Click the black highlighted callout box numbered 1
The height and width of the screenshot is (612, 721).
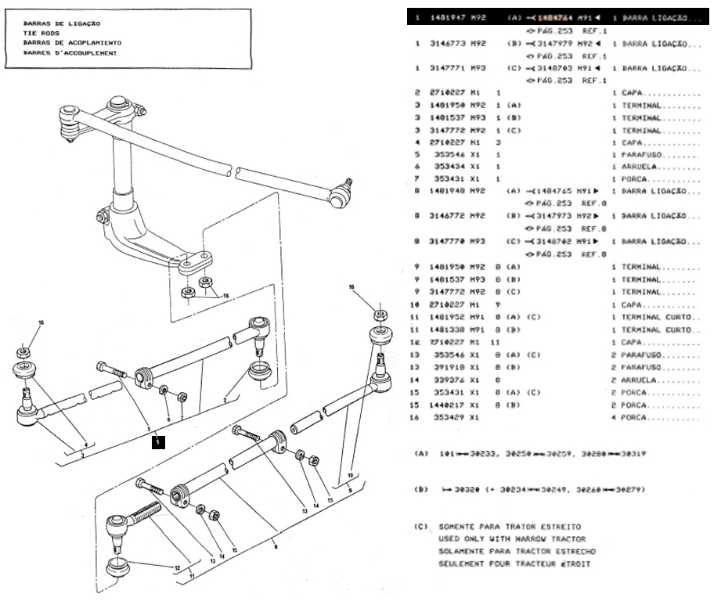click(157, 441)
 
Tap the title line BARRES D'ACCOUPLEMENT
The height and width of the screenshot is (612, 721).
click(70, 53)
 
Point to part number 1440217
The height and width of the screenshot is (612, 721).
click(448, 405)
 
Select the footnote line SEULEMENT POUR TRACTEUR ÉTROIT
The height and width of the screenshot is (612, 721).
click(514, 563)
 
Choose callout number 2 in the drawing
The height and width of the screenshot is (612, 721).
click(225, 399)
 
